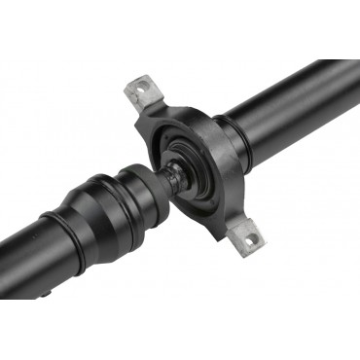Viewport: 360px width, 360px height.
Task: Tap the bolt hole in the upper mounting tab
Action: [x=144, y=90]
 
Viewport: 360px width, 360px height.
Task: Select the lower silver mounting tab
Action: [x=246, y=232]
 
